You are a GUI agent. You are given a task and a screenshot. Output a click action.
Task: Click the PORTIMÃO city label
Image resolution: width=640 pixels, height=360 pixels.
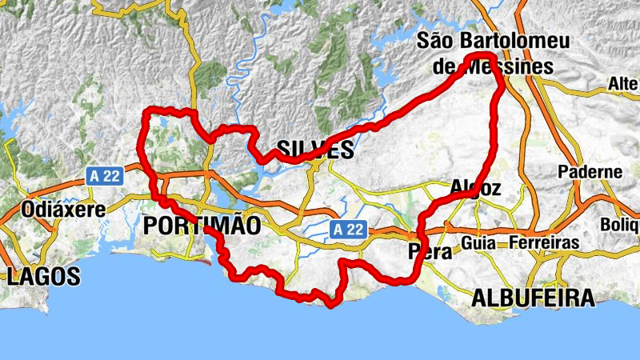click(202, 226)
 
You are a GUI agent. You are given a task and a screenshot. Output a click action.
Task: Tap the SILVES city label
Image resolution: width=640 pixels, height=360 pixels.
click(315, 150)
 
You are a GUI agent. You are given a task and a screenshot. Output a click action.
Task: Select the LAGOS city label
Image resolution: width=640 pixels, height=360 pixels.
click(44, 277)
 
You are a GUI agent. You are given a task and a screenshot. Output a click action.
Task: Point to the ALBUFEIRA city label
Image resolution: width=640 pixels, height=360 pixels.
click(534, 298)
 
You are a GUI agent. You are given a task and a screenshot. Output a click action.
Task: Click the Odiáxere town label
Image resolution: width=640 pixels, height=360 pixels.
click(54, 209)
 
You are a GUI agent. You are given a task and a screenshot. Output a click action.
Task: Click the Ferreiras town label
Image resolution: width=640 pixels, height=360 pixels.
click(544, 242)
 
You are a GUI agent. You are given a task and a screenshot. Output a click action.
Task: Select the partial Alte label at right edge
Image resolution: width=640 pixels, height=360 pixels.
click(623, 84)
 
